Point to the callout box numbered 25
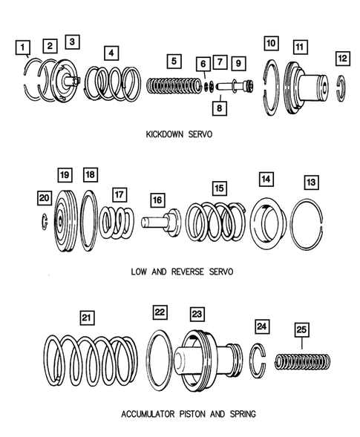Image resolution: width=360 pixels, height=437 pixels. (x=303, y=330)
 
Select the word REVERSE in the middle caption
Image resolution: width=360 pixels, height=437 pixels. (x=187, y=272)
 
